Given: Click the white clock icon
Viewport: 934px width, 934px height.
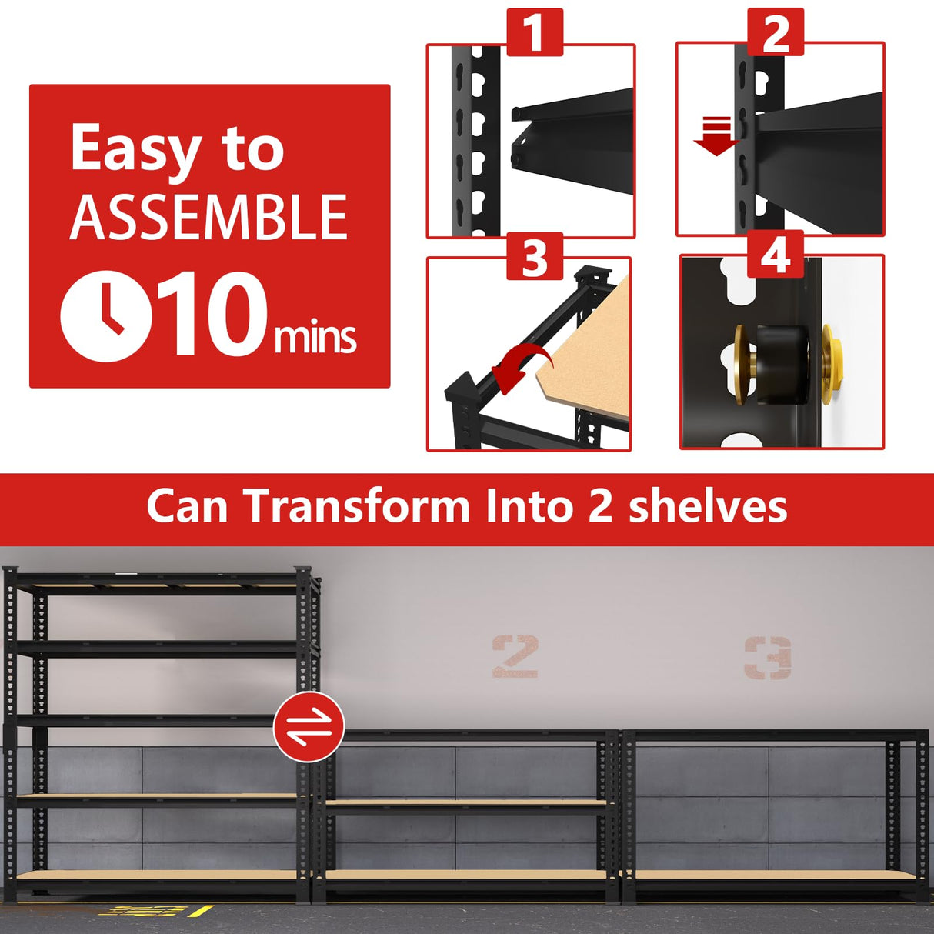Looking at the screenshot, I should pyautogui.click(x=106, y=316).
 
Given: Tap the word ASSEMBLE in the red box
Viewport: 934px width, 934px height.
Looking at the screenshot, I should pyautogui.click(x=208, y=218).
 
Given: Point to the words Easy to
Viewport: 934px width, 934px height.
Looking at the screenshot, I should pyautogui.click(x=177, y=149).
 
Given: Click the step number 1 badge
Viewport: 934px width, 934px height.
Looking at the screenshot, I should pyautogui.click(x=535, y=33).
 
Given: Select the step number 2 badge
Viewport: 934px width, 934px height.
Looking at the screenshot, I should pyautogui.click(x=776, y=33).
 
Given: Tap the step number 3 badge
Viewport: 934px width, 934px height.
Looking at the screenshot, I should pyautogui.click(x=535, y=257).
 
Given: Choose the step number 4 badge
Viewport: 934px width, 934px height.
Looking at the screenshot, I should pyautogui.click(x=776, y=255).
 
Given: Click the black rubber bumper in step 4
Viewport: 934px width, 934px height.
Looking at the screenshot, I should pyautogui.click(x=779, y=364).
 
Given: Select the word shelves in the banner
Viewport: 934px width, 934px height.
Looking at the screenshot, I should pyautogui.click(x=708, y=507).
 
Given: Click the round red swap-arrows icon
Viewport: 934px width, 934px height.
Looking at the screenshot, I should pyautogui.click(x=309, y=727).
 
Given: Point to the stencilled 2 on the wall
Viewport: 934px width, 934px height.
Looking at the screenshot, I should pyautogui.click(x=515, y=656).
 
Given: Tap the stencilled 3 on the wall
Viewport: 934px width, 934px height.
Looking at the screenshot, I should pyautogui.click(x=768, y=657).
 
